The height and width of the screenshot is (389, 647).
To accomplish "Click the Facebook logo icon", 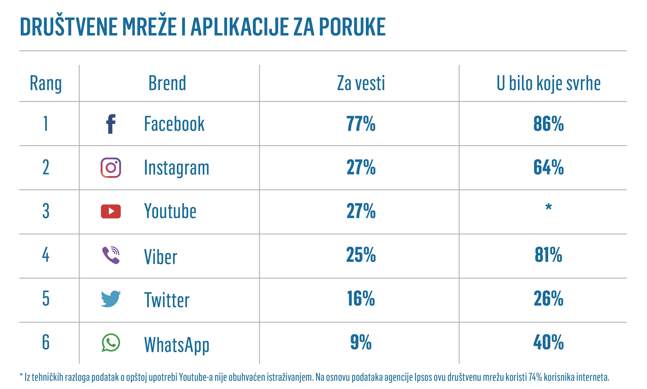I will pyautogui.click(x=111, y=124).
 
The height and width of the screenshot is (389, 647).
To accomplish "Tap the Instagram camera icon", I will pyautogui.click(x=111, y=168).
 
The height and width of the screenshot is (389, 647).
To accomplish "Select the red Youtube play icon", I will pyautogui.click(x=111, y=211).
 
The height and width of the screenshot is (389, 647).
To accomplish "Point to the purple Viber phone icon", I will pyautogui.click(x=111, y=255).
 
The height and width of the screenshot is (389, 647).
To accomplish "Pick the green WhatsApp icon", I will pyautogui.click(x=111, y=343).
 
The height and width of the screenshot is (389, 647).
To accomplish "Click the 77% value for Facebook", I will pyautogui.click(x=361, y=124).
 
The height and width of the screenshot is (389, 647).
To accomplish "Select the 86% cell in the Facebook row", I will pyautogui.click(x=548, y=124).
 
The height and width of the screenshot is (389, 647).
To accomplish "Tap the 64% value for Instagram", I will pyautogui.click(x=548, y=167).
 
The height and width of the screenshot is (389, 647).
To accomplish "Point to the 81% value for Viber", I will pyautogui.click(x=548, y=255).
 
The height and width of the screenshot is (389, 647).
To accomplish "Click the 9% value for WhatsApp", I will pyautogui.click(x=361, y=342).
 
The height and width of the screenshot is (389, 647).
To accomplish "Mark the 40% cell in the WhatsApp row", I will pyautogui.click(x=548, y=342).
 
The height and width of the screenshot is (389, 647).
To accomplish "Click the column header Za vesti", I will pyautogui.click(x=361, y=83).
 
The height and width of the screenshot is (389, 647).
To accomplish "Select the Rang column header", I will pyautogui.click(x=46, y=83).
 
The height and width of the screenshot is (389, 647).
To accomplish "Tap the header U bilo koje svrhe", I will pyautogui.click(x=548, y=83).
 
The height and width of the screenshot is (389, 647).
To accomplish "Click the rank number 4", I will pyautogui.click(x=46, y=255).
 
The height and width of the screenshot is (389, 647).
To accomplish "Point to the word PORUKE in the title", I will pyautogui.click(x=352, y=27).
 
